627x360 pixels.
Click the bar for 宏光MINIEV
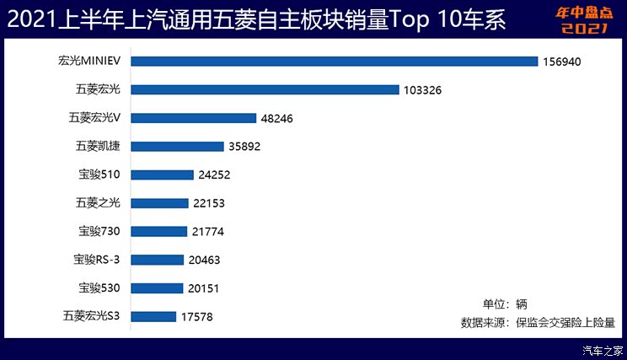(x=334, y=61)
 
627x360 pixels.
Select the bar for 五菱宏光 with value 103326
(x=264, y=89)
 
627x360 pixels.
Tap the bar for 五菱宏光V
(x=193, y=118)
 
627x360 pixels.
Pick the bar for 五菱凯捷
(x=177, y=146)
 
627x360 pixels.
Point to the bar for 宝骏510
(x=162, y=175)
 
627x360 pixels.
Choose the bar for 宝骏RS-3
(x=157, y=260)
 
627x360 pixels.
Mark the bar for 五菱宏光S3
(x=153, y=316)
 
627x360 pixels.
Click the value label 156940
(x=563, y=62)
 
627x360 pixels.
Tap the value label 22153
(x=208, y=203)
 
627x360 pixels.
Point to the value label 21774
(x=207, y=232)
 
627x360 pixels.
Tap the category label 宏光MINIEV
(x=91, y=61)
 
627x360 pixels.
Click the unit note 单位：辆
(x=504, y=304)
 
